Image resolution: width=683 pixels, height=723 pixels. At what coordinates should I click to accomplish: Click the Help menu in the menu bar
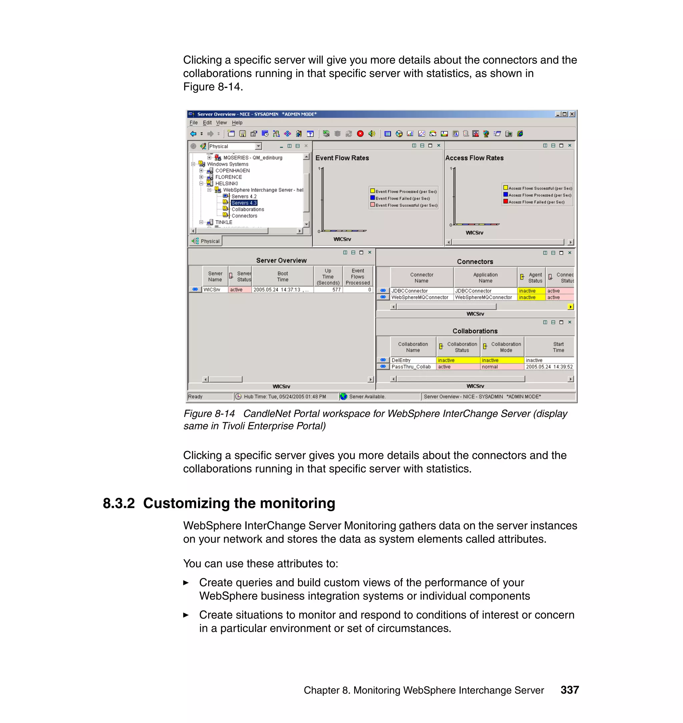coord(237,123)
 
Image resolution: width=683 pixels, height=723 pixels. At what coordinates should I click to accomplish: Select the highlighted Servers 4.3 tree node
coord(244,203)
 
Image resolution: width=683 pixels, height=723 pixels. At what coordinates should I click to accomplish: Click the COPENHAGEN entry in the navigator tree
coord(232,170)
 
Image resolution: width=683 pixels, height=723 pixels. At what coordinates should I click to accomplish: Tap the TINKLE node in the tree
coord(223,222)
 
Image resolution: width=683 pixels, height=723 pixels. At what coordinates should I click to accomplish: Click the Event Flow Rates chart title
coord(342,158)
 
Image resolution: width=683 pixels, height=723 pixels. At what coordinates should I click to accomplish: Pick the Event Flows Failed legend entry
coord(402,198)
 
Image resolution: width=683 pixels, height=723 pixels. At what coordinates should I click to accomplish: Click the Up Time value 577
coord(336,290)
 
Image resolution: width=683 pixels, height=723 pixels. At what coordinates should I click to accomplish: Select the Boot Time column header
coord(282,276)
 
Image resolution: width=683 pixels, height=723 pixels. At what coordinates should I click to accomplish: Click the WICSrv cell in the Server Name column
coord(212,290)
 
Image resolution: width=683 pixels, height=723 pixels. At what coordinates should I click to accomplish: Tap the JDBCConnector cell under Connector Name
coord(410,291)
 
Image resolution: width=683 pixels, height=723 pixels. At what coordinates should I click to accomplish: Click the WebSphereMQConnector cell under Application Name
coord(483,297)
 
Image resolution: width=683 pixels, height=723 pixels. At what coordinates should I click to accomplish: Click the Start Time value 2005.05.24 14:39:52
coord(549,367)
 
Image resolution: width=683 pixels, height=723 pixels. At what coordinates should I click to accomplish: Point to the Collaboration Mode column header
coord(506,347)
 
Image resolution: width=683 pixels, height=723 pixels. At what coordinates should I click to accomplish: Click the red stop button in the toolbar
coord(360,134)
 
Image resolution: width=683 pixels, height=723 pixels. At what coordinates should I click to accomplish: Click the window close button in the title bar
coord(572,114)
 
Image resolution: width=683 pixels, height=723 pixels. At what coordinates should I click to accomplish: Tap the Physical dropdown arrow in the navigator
coord(258,146)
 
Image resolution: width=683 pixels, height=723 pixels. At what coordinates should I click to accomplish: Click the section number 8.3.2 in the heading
coord(119,504)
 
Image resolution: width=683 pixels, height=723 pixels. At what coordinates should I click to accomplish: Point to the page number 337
coord(569,690)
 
